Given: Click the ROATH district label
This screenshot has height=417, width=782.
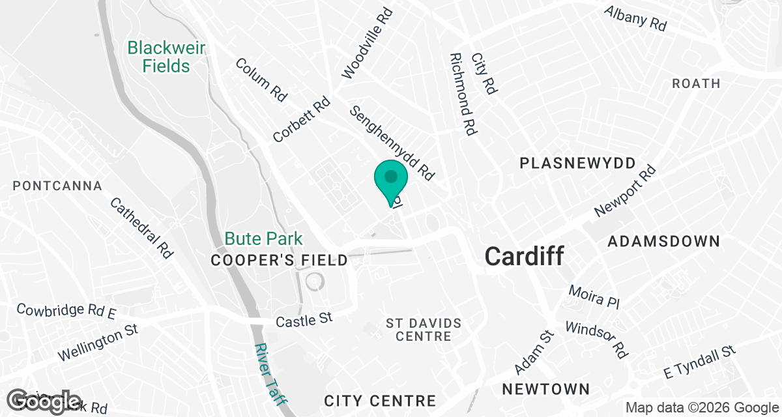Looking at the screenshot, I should pyautogui.click(x=696, y=83).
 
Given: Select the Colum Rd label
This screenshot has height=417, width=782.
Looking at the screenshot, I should pyautogui.click(x=261, y=79).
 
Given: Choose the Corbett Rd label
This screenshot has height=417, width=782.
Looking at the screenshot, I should pyautogui.click(x=302, y=120).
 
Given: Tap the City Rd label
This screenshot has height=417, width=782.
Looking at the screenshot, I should pyautogui.click(x=484, y=73).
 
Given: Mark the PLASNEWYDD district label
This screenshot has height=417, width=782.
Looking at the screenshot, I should pyautogui.click(x=568, y=164).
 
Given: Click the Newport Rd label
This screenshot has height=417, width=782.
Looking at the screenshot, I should pyautogui.click(x=625, y=191).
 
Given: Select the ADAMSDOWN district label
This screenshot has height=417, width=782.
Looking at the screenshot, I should pyautogui.click(x=663, y=242).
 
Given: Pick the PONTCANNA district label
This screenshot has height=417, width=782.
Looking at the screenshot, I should pyautogui.click(x=57, y=186).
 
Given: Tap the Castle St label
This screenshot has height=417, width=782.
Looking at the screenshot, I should pyautogui.click(x=304, y=319).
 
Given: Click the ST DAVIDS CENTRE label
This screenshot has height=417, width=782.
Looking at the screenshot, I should pyautogui.click(x=424, y=330).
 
